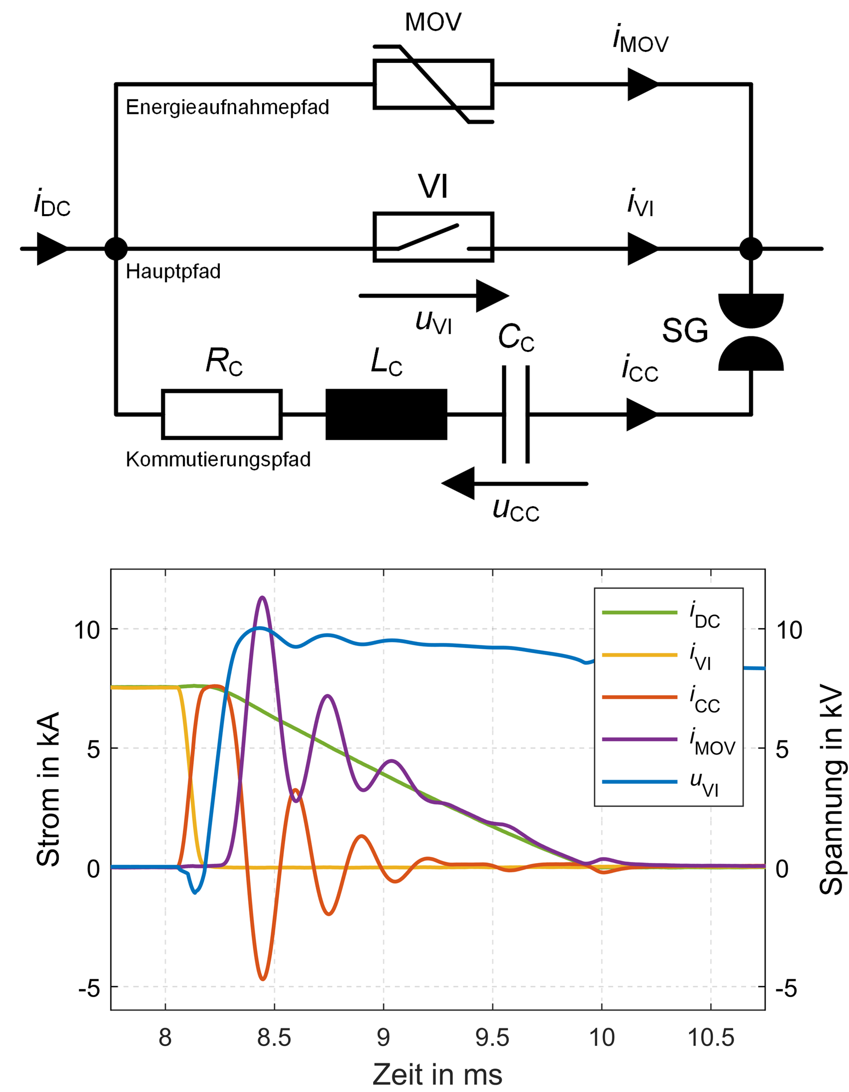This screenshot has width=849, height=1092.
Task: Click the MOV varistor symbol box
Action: pos(433,84)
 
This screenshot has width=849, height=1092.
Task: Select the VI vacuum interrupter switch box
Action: pos(433,237)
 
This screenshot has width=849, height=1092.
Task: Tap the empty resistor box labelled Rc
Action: pos(222,415)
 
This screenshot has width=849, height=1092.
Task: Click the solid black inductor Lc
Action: pos(386,415)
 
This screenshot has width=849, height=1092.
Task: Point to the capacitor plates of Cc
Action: pos(516,415)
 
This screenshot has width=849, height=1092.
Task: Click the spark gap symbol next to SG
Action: pos(751,332)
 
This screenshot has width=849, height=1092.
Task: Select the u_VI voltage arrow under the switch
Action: pos(434,296)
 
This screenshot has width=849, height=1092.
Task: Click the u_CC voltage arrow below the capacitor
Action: pos(514,484)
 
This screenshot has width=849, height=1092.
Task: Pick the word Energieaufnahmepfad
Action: pos(228,107)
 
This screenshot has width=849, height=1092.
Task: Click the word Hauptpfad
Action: pos(173,272)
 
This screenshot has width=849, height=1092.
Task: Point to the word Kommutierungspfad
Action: pos(218,460)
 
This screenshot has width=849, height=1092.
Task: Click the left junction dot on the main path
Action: pos(116,249)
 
